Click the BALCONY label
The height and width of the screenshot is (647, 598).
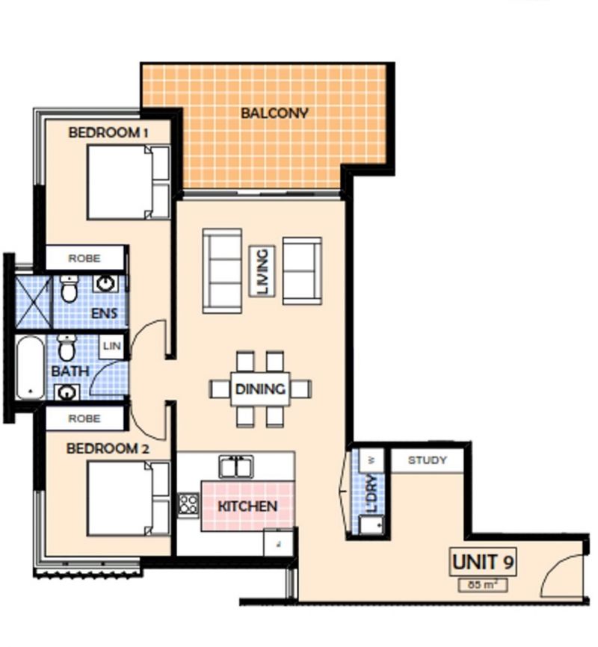point(274,114)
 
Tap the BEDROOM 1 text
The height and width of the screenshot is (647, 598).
point(108,132)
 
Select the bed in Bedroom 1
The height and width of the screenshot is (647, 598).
point(128,182)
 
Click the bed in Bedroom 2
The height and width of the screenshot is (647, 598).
point(128,498)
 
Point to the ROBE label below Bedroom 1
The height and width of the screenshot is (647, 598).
point(84,258)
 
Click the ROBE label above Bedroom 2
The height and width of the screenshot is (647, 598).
point(84,419)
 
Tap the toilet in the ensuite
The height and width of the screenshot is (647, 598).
point(70,288)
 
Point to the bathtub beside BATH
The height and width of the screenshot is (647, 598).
point(30,368)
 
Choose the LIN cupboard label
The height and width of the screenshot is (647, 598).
point(112,346)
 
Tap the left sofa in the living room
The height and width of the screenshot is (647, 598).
point(222,270)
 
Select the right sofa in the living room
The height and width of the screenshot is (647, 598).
point(302,270)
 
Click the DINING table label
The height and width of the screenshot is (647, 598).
point(260,389)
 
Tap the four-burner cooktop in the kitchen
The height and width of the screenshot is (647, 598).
point(188,505)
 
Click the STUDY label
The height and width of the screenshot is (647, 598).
point(428,460)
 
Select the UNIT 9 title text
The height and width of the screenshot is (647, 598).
point(484,560)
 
